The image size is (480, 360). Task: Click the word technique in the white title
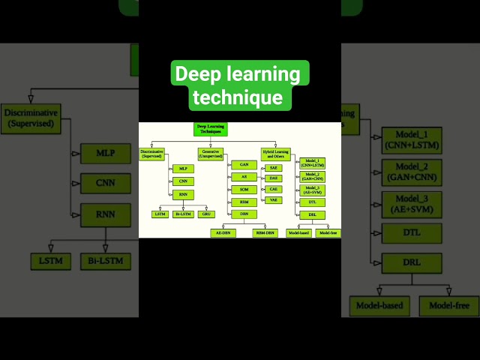[x=237, y=97]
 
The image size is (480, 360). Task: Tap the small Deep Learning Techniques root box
[x=211, y=129]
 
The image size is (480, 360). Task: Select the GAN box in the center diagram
[x=244, y=164]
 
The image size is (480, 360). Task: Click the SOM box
[x=244, y=189]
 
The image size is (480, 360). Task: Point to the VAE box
[x=274, y=200]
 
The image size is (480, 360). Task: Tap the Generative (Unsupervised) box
[x=211, y=154]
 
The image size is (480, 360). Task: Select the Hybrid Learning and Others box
[x=275, y=154]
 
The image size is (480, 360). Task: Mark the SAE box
[x=274, y=167]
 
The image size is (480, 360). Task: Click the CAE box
[x=274, y=189]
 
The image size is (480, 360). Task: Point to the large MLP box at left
[x=105, y=153]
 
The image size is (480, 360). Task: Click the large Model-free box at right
[x=448, y=305]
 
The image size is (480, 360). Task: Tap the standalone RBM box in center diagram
[x=244, y=202]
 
